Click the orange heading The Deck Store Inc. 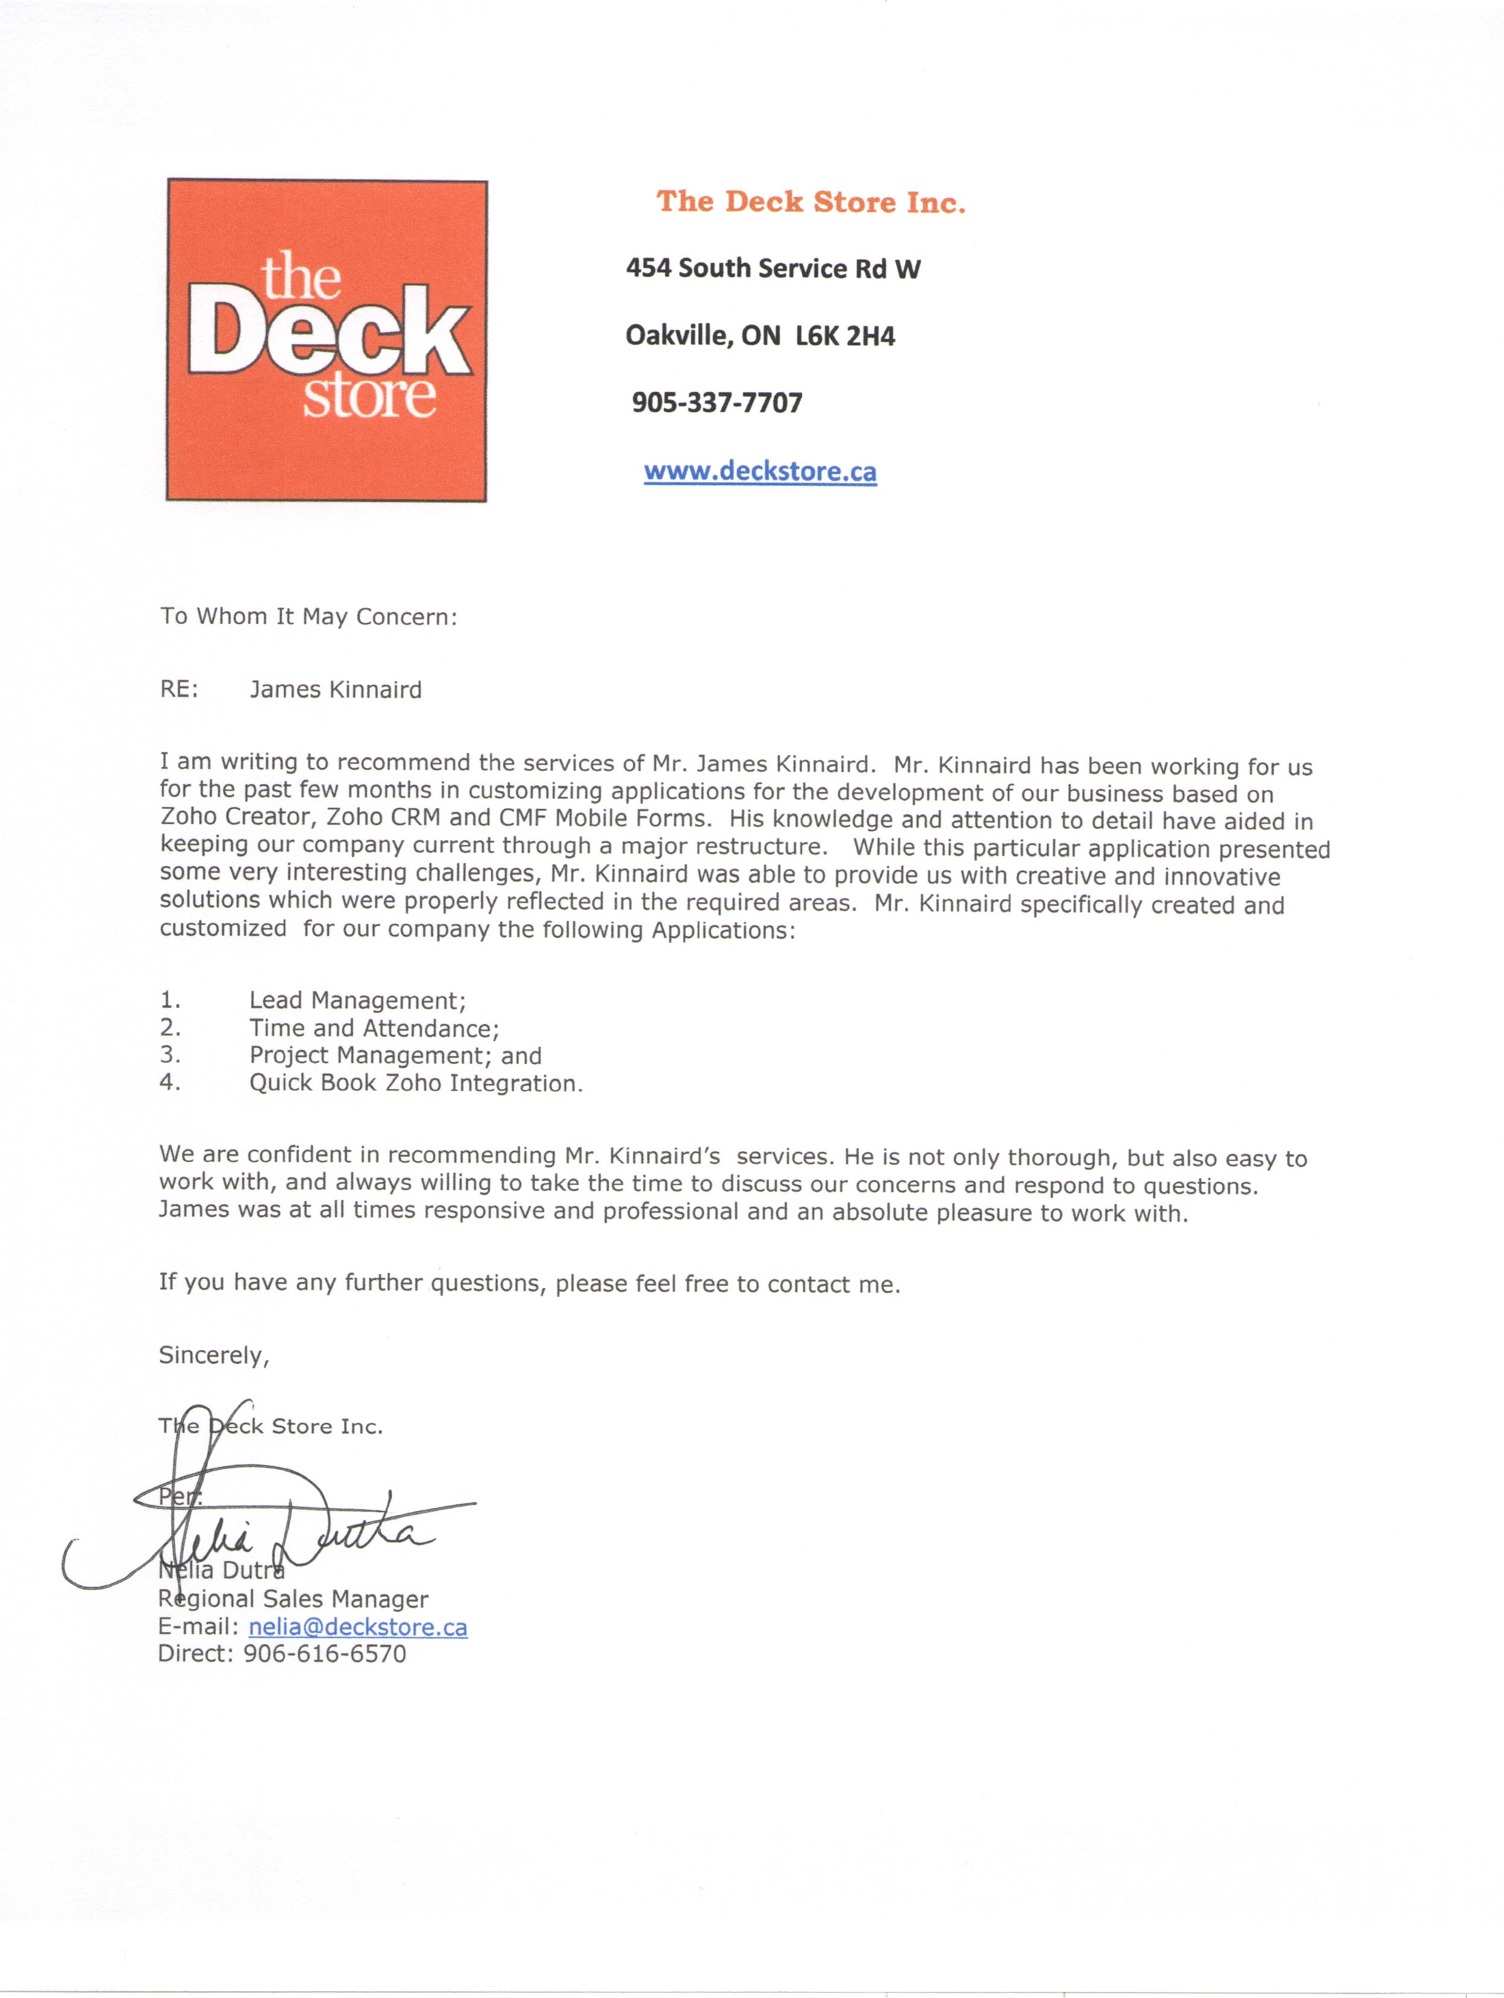click(810, 201)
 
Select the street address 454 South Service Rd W click(772, 268)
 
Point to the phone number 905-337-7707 click(717, 403)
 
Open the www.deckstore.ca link click(759, 471)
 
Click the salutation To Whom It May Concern click(309, 617)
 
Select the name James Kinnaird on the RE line click(336, 690)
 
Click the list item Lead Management click(357, 1001)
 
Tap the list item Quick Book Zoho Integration click(415, 1083)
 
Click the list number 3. click(170, 1055)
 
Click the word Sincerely click(214, 1355)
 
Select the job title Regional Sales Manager click(293, 1599)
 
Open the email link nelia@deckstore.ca click(357, 1627)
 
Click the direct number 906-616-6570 click(325, 1654)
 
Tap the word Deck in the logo click(328, 333)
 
